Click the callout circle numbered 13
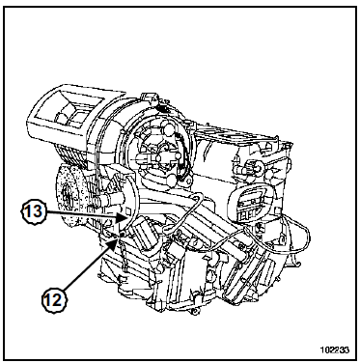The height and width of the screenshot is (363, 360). click(x=34, y=212)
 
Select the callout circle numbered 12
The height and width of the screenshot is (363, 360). click(x=53, y=300)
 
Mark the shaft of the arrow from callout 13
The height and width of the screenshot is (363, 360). click(x=82, y=214)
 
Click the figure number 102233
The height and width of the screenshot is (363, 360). click(x=334, y=349)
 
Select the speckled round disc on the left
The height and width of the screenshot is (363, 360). click(x=69, y=195)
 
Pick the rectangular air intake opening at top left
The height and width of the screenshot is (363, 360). click(x=67, y=111)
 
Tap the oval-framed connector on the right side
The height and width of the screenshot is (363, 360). click(x=250, y=203)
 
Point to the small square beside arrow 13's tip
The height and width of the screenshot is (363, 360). click(x=127, y=211)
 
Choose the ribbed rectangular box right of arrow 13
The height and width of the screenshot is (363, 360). click(x=144, y=235)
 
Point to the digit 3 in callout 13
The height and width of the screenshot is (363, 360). click(x=37, y=212)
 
